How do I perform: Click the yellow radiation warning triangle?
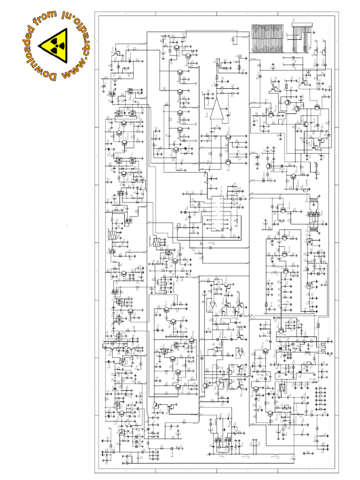pyautogui.click(x=56, y=45)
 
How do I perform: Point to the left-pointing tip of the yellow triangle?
pyautogui.click(x=39, y=45)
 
